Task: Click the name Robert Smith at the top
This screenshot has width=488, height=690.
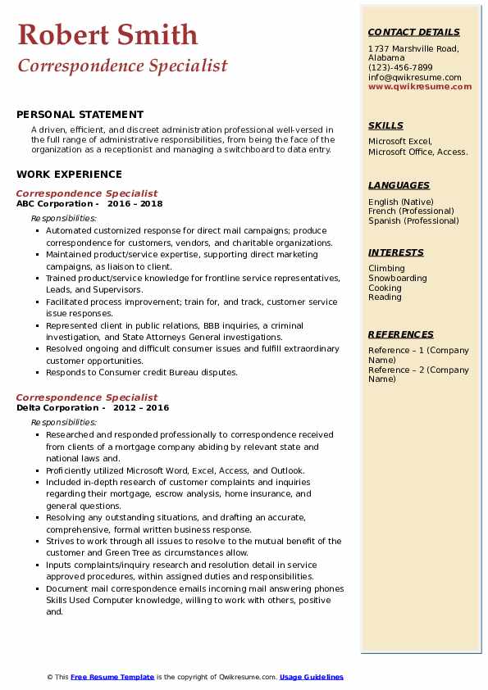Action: [x=107, y=34]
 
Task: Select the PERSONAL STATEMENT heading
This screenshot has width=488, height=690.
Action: [x=80, y=115]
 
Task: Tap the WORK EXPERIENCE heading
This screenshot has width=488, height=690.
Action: [x=69, y=174]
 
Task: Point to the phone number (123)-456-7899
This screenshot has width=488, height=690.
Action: [x=400, y=67]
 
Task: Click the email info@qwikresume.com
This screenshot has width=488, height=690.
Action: [x=414, y=77]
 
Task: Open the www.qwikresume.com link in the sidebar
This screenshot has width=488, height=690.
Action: [x=420, y=86]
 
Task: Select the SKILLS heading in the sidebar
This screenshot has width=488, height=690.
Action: [x=385, y=125]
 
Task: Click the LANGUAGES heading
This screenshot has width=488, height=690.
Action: [x=399, y=185]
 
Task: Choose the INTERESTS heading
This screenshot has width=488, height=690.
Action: [x=396, y=252]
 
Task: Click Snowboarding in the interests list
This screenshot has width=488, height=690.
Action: [x=398, y=278]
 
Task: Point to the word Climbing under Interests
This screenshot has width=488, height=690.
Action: [x=386, y=268]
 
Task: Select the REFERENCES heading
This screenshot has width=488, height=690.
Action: [x=401, y=334]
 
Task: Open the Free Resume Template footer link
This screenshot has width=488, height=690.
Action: [x=112, y=677]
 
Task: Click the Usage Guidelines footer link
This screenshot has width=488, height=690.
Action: [x=311, y=677]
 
